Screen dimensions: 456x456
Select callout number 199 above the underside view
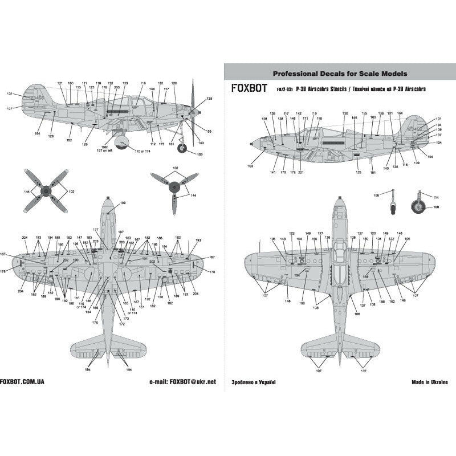pyautogui.click(x=123, y=203)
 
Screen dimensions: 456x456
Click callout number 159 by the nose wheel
pyautogui.click(x=199, y=154)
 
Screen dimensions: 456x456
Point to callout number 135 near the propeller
pyautogui.click(x=210, y=99)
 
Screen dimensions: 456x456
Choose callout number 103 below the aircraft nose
pyautogui.click(x=250, y=166)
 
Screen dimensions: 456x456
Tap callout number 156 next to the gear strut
pyautogui.click(x=375, y=195)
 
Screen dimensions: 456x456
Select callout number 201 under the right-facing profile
pyautogui.click(x=300, y=172)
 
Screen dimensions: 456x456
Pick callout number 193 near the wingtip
pyautogui.click(x=198, y=241)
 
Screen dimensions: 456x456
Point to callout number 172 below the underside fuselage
pyautogui.click(x=121, y=323)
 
